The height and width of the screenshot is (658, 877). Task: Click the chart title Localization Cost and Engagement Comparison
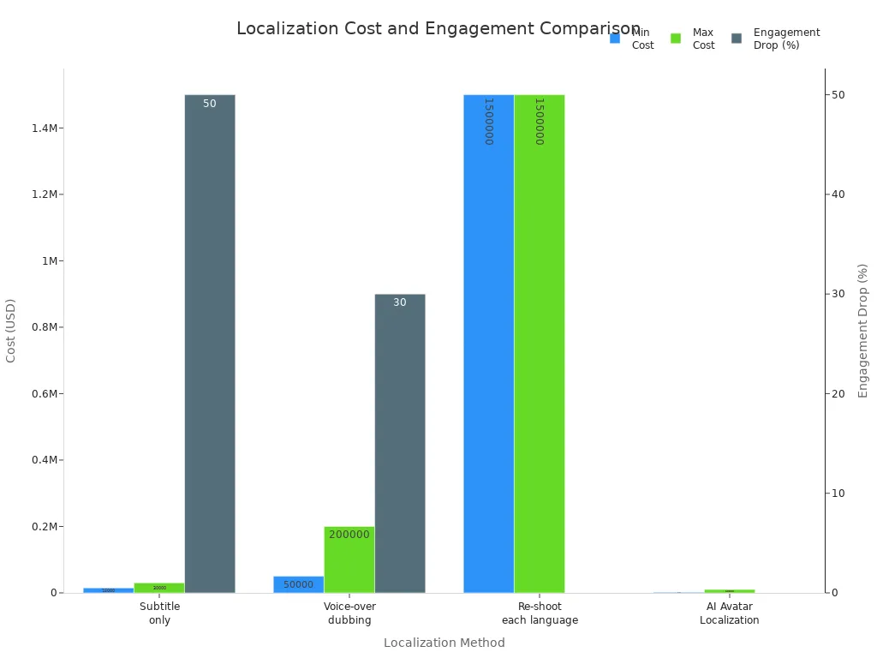438,28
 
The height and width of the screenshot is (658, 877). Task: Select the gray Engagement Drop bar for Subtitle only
210,343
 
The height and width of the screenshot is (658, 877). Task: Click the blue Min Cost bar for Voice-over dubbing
298,584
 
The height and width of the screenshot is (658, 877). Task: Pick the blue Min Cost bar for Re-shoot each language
488,343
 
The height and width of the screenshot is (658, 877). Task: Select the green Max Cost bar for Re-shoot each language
539,343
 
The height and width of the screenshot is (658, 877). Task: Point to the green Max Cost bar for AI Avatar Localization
729,590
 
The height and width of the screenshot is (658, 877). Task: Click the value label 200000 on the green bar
349,535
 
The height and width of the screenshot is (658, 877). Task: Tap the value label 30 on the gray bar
400,302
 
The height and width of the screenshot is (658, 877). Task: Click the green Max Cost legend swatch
676,39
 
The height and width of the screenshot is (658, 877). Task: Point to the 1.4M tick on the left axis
45,129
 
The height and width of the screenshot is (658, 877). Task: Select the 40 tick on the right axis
838,194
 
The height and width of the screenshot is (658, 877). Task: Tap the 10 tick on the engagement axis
838,493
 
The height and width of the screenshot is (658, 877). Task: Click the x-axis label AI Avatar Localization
729,613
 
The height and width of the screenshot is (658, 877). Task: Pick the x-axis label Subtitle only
159,613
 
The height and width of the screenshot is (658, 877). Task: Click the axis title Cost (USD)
11,331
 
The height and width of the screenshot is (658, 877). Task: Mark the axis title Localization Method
444,643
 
